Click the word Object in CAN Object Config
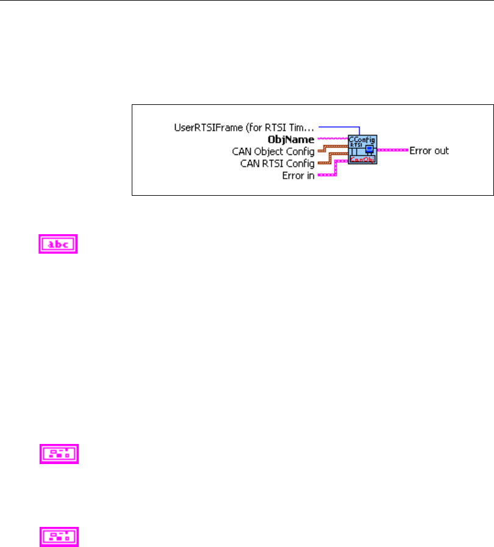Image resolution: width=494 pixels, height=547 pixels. (x=275, y=151)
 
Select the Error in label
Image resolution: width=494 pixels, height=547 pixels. (x=298, y=174)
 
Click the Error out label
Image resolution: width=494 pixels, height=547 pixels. (x=429, y=150)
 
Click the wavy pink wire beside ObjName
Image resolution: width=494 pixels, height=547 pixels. (x=332, y=139)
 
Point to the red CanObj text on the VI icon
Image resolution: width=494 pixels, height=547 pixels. (x=362, y=160)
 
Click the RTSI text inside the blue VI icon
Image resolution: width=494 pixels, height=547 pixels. (x=355, y=145)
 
